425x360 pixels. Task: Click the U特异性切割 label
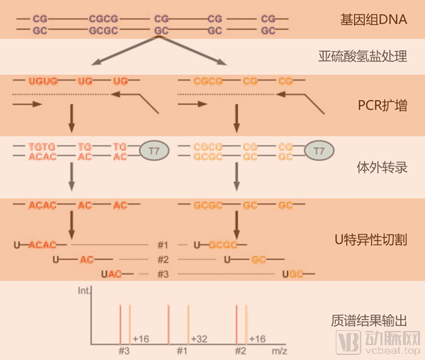pyautogui.click(x=370, y=240)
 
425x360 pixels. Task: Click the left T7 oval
pyautogui.click(x=154, y=151)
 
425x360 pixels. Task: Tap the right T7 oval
pyautogui.click(x=319, y=151)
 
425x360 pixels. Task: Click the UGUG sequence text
pyautogui.click(x=42, y=81)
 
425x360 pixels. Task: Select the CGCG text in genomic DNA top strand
pyautogui.click(x=105, y=16)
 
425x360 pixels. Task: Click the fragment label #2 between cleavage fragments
pyautogui.click(x=163, y=259)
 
